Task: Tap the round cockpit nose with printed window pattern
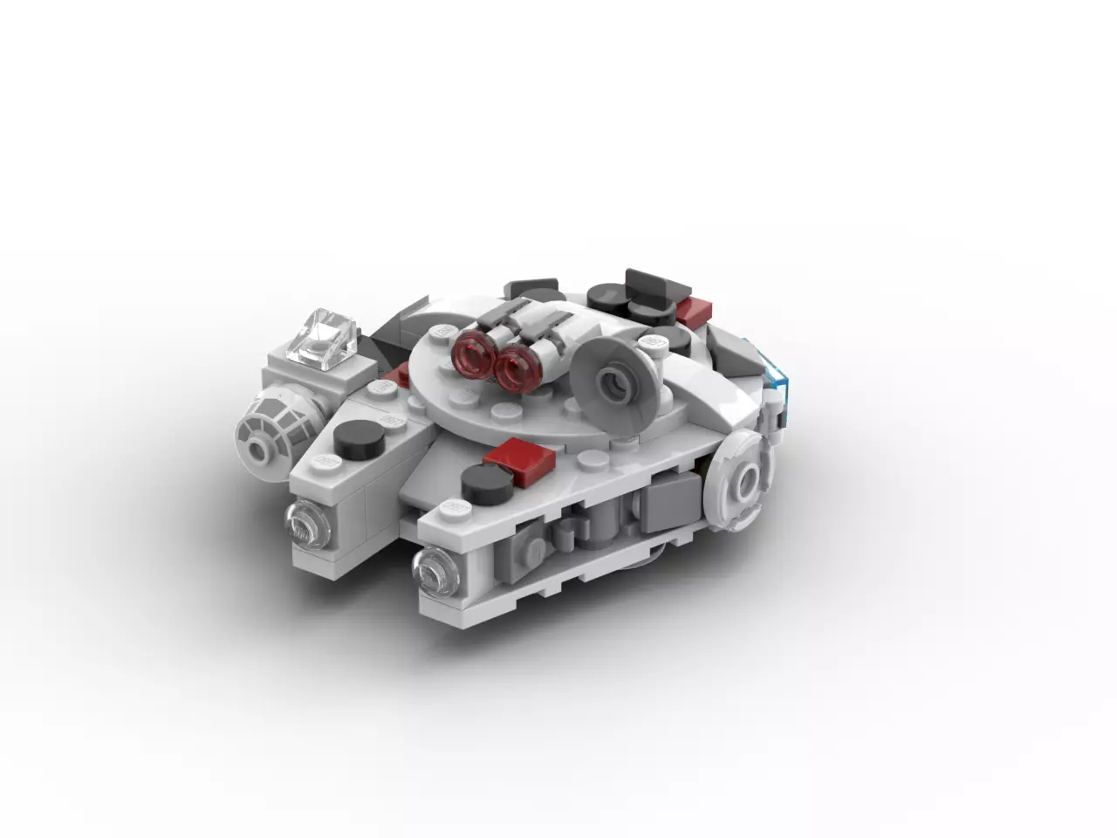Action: click(x=266, y=433)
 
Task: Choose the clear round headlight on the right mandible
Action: click(x=433, y=565)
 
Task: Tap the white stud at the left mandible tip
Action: click(x=328, y=459)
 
